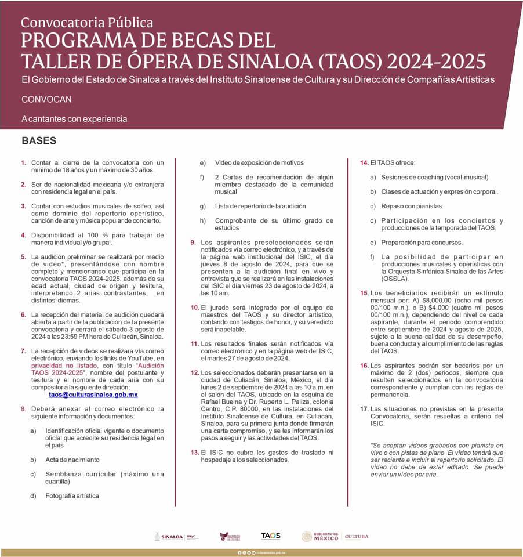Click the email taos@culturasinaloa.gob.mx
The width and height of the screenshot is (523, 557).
[x=93, y=394]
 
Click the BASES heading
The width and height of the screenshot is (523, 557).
[x=39, y=141]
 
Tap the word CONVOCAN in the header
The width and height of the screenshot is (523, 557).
[x=46, y=99]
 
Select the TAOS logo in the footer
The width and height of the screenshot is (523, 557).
[x=270, y=536]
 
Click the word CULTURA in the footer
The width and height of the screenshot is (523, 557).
[x=357, y=537]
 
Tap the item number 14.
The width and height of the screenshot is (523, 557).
[x=365, y=162]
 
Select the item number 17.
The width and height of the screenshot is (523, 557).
[x=365, y=408]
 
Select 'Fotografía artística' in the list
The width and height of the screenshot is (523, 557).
[x=72, y=495]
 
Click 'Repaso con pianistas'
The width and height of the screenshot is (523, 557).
[x=411, y=206]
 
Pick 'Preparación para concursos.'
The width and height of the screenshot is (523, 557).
[x=422, y=242]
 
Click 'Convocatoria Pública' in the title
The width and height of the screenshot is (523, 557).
[x=87, y=23]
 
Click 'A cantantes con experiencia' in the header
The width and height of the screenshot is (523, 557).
[x=74, y=118]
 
